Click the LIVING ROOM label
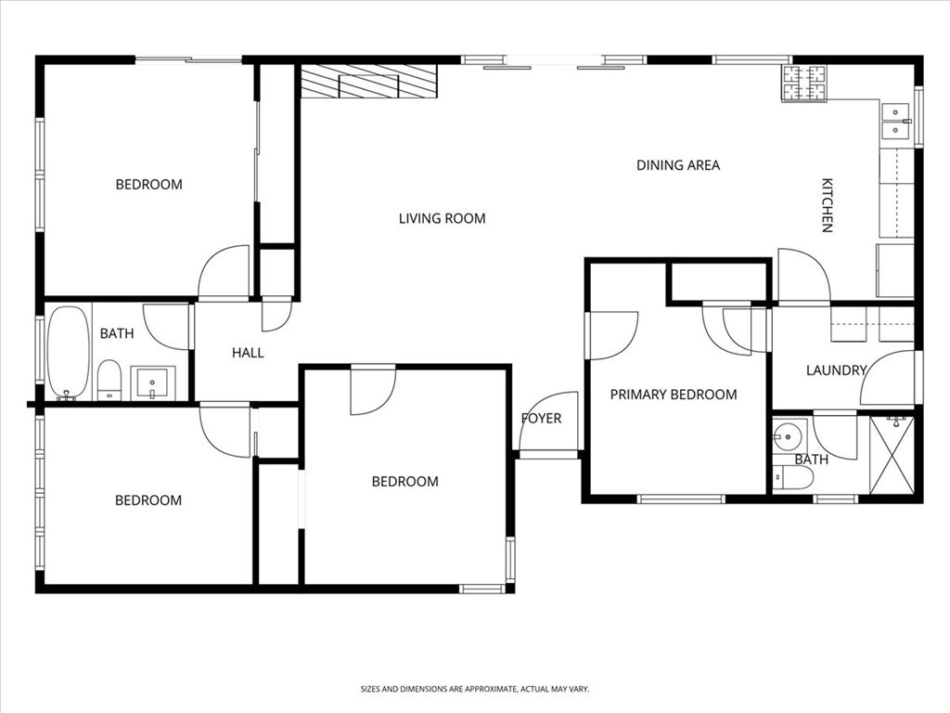(x=442, y=219)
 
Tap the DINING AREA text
(x=677, y=166)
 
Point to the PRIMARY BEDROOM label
(x=673, y=395)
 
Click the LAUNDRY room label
(x=835, y=370)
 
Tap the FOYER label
(x=541, y=419)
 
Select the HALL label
(x=248, y=353)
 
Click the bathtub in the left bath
(x=67, y=353)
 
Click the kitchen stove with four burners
(x=803, y=84)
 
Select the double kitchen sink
(x=895, y=121)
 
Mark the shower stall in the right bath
(x=892, y=455)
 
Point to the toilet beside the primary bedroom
(x=794, y=477)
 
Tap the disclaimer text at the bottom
(x=475, y=689)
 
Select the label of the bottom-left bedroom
(x=148, y=500)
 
